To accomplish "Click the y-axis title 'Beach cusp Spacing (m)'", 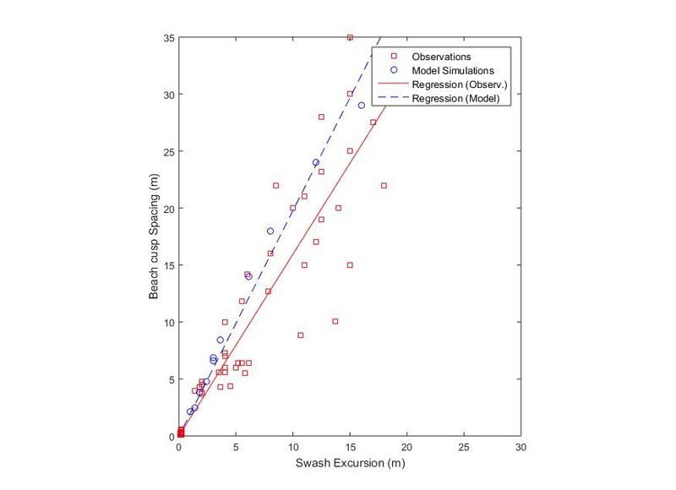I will click(154, 237).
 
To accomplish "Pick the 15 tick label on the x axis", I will click(350, 447).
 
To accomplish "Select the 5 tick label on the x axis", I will click(236, 447).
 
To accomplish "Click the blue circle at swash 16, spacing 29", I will click(362, 106).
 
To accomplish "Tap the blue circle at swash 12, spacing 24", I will click(316, 162).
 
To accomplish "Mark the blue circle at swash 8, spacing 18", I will click(270, 231).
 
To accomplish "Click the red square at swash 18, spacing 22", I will click(384, 185).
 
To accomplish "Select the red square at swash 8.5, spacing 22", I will click(275, 185).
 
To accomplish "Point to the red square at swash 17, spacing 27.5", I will click(373, 122).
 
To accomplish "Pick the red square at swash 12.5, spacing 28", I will click(321, 117).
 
